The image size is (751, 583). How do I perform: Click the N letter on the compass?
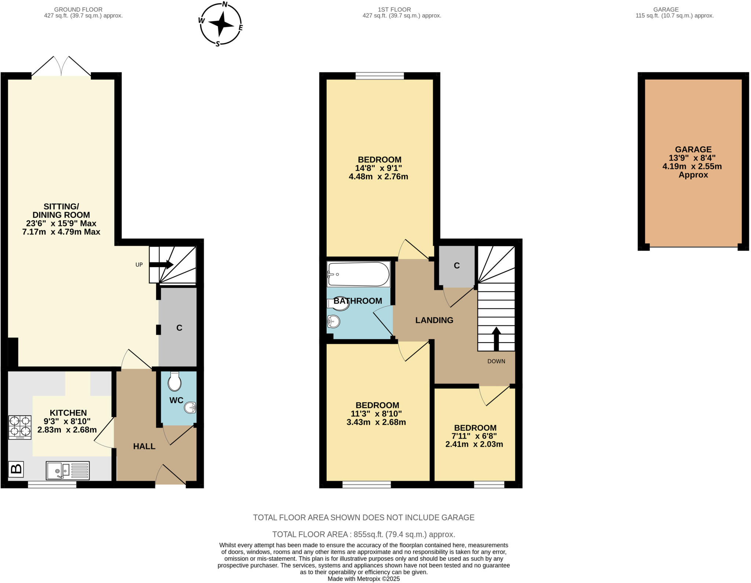pos(225,5)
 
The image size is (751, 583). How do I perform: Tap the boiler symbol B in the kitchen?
pos(16,469)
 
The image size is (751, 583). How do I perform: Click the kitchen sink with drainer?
pos(67,470)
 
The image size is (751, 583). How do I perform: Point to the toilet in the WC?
pos(175,382)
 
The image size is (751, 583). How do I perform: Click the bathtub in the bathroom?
pos(358,274)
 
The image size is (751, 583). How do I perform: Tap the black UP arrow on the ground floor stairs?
pos(161,264)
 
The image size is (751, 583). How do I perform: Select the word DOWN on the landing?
pos(496,361)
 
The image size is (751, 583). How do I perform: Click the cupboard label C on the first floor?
pos(457,266)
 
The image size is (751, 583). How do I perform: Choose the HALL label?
pos(144,446)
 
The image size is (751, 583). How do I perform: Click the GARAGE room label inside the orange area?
pos(693,150)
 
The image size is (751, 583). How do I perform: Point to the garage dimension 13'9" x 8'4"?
pos(692,158)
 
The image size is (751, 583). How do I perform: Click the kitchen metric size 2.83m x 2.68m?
pos(67,430)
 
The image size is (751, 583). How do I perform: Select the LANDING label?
pos(434,320)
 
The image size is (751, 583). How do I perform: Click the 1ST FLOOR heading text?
pos(394,10)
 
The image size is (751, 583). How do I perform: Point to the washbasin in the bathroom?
pos(333,322)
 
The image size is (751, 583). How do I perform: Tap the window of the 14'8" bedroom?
pos(380,76)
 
